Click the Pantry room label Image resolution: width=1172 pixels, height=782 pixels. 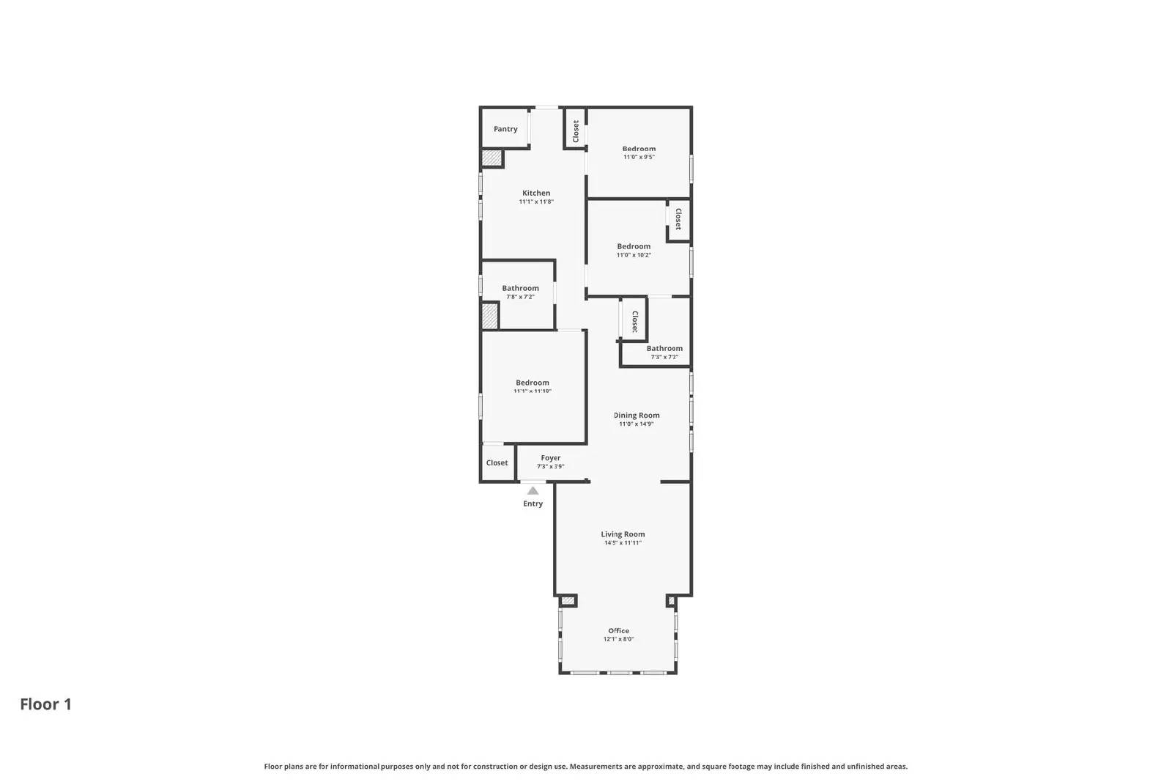pyautogui.click(x=505, y=129)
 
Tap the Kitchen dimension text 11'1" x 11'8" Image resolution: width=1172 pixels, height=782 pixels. pyautogui.click(x=536, y=202)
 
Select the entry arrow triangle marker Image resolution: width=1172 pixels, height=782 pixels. pyautogui.click(x=533, y=491)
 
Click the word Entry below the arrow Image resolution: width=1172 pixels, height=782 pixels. pyautogui.click(x=533, y=503)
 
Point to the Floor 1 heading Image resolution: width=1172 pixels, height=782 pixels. pyautogui.click(x=45, y=704)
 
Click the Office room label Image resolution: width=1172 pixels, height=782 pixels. pyautogui.click(x=618, y=630)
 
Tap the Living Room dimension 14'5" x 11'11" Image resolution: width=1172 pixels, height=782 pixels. pyautogui.click(x=623, y=543)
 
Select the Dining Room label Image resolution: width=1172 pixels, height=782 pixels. pyautogui.click(x=637, y=415)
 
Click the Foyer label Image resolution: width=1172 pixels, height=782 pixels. pyautogui.click(x=551, y=458)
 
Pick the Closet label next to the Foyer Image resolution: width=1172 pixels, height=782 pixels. pyautogui.click(x=497, y=462)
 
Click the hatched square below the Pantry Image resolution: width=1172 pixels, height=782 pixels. pyautogui.click(x=492, y=158)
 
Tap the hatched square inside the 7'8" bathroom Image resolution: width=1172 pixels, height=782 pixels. pyautogui.click(x=489, y=316)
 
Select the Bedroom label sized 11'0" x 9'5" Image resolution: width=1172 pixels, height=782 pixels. pyautogui.click(x=639, y=149)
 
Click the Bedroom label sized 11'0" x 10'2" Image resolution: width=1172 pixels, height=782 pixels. pyautogui.click(x=634, y=246)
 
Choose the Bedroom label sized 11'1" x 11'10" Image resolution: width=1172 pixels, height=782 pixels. pyautogui.click(x=533, y=383)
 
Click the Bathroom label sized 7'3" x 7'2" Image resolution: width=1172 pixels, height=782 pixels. pyautogui.click(x=664, y=349)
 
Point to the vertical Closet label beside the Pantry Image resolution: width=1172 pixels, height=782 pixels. pyautogui.click(x=576, y=130)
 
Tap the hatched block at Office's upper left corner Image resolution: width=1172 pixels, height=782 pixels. pyautogui.click(x=568, y=601)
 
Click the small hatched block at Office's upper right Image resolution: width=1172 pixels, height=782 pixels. pyautogui.click(x=671, y=601)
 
